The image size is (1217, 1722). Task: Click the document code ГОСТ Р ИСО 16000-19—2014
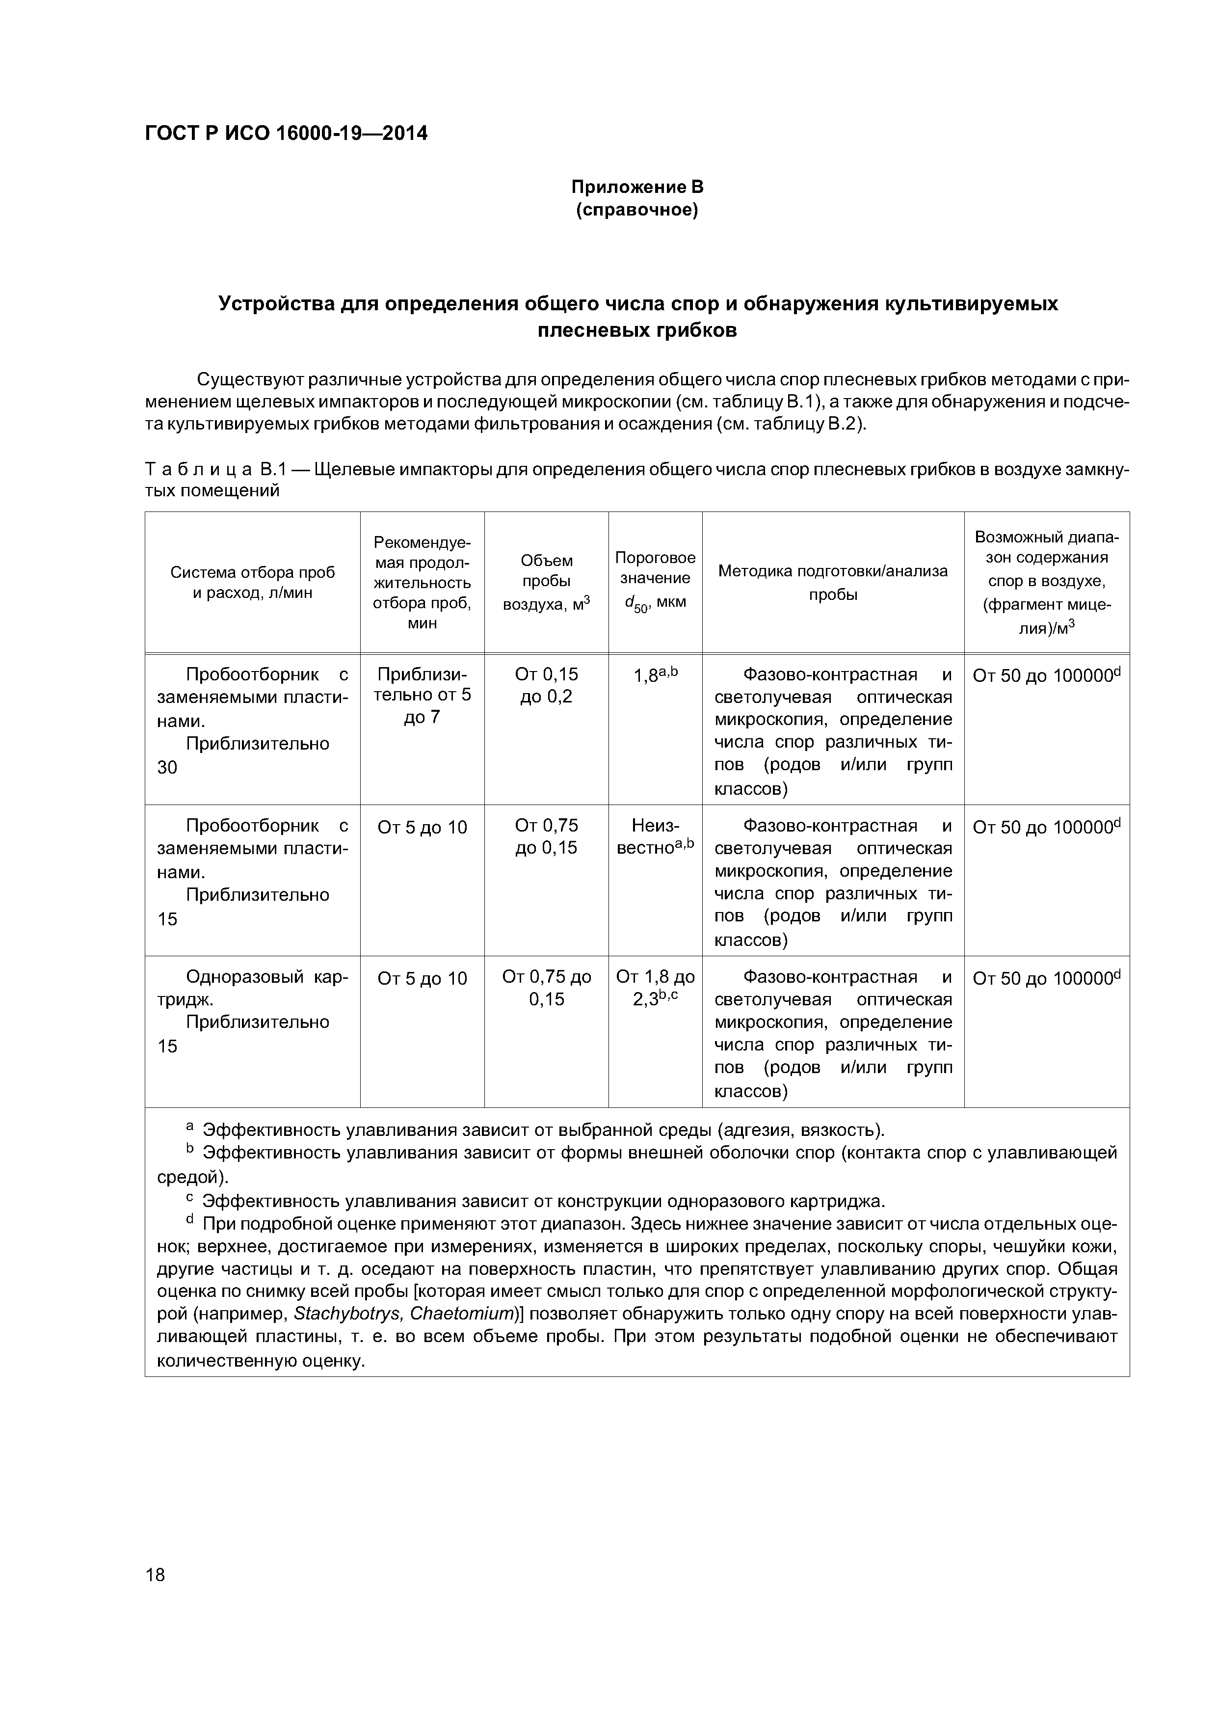pos(286,134)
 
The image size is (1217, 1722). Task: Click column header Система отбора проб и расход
pos(253,582)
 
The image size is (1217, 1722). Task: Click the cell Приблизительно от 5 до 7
pos(422,695)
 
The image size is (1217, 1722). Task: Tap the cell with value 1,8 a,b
pos(655,674)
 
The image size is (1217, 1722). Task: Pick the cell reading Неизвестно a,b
pos(655,835)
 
